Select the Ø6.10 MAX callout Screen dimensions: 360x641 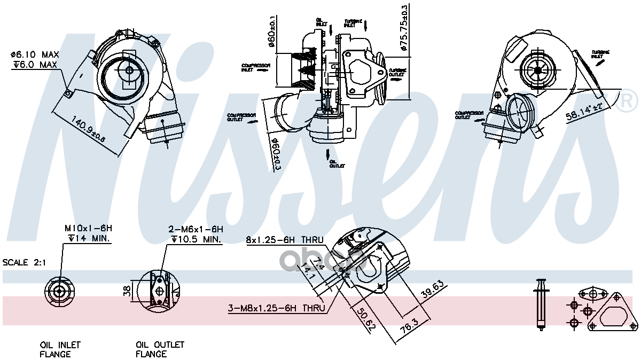tap(34, 55)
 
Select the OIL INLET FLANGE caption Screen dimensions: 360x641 tap(60, 349)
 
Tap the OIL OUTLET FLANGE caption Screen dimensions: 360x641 tap(159, 349)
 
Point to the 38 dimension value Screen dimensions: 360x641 tap(127, 291)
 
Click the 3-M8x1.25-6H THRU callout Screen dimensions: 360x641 tap(276, 308)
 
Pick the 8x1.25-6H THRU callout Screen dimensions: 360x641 tap(285, 240)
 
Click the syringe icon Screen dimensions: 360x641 tap(541, 304)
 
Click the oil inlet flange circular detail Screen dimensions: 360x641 tap(58, 291)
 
